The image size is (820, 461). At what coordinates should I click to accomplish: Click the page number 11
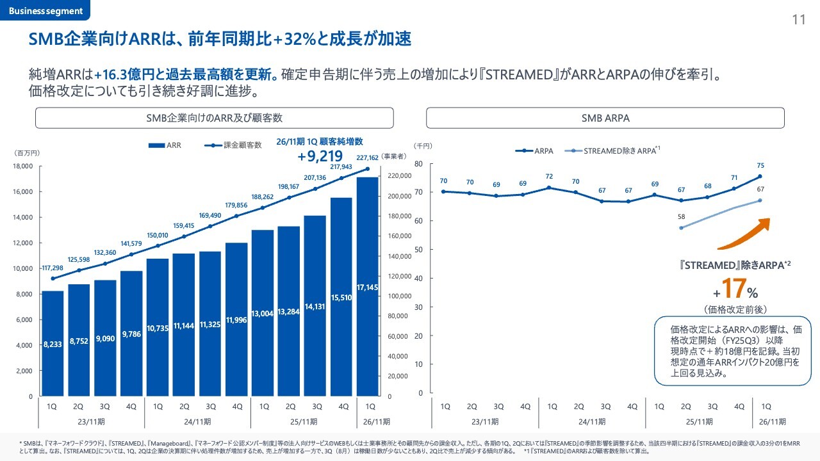point(798,19)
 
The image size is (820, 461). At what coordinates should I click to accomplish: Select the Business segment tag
point(45,11)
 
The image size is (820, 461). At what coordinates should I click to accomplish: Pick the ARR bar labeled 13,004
point(263,313)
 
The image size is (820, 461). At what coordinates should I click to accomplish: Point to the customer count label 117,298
point(51,268)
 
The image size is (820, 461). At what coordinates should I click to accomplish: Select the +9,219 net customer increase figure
point(320,156)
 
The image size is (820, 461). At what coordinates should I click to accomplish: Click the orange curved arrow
point(743,234)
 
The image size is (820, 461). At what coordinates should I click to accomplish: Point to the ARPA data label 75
point(760,165)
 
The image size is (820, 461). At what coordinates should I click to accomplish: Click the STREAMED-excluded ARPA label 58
point(681,217)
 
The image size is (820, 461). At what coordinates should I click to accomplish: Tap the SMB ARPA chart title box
point(605,118)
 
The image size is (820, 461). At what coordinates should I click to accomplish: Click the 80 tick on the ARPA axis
point(418,164)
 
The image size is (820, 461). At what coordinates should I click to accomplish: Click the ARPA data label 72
point(549,176)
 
